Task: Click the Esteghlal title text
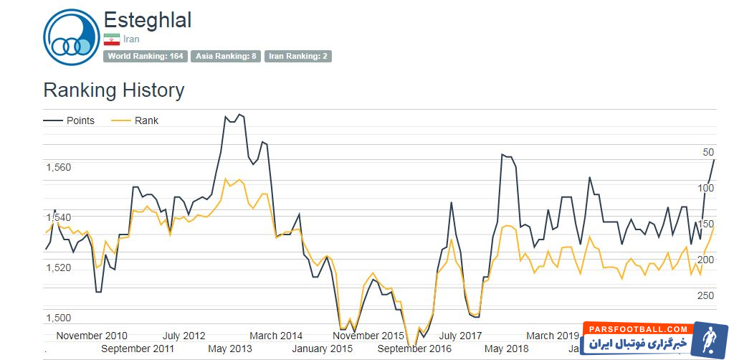click(x=148, y=20)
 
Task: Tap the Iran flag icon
click(x=111, y=39)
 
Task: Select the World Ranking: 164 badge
click(x=146, y=56)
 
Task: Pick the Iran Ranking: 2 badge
click(x=297, y=56)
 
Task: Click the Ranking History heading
click(x=113, y=90)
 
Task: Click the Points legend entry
click(x=70, y=120)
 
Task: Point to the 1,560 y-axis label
click(x=58, y=167)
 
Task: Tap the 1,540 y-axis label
click(x=58, y=217)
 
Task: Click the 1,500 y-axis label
click(x=58, y=318)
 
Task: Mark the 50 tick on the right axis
click(x=708, y=152)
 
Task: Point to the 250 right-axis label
click(x=705, y=295)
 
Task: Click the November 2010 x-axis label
click(x=92, y=336)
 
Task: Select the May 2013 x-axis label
click(x=230, y=349)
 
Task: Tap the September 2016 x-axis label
click(x=415, y=349)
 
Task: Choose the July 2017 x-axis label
click(x=460, y=336)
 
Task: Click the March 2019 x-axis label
click(x=552, y=336)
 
